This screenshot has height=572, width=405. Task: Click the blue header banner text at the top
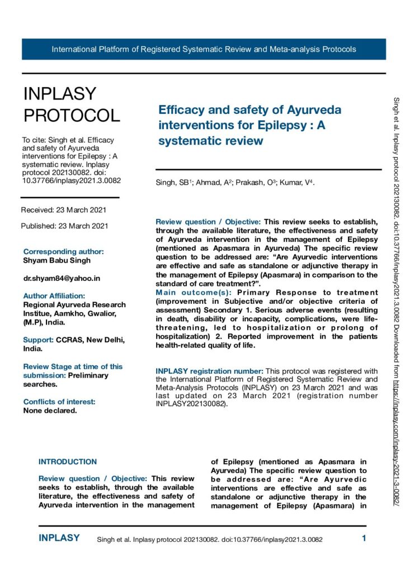pos(204,49)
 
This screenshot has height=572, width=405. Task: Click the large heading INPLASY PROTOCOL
pos(71,104)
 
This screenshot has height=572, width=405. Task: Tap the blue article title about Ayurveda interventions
pos(249,125)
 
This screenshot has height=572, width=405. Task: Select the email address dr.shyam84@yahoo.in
pos(62,278)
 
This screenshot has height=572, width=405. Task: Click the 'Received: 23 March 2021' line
pos(63,210)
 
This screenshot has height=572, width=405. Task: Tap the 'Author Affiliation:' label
pos(54,295)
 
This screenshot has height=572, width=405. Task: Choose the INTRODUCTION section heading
pos(68,462)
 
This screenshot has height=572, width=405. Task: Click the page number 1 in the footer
pos(364,539)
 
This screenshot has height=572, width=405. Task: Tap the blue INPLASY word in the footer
pos(59,538)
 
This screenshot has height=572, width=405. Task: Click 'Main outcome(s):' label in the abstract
pos(194,292)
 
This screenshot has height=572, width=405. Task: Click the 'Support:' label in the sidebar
pos(38,340)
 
